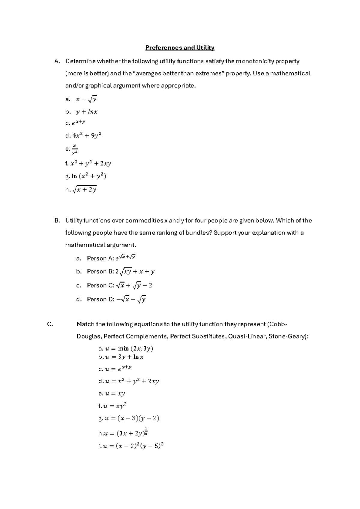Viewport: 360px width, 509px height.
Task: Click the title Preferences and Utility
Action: [180, 48]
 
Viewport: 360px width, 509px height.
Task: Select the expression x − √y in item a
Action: [86, 99]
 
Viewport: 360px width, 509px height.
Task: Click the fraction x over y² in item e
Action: [74, 149]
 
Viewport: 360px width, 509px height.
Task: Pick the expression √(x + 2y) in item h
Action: [85, 189]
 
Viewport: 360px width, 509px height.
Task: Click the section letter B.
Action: [57, 221]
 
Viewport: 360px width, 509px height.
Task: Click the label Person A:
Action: [100, 258]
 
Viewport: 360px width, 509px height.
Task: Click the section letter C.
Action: [50, 324]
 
